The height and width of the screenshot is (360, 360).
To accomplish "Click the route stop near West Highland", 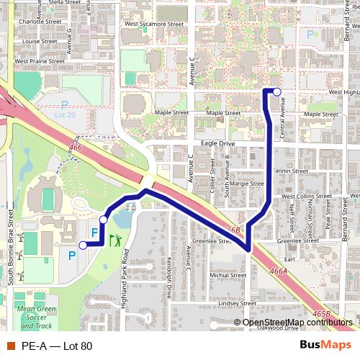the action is point(277,91).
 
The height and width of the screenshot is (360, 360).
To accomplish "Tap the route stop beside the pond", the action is point(104,219).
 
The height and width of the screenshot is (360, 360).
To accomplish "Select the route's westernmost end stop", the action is point(82,246).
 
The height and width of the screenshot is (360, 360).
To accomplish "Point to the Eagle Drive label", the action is point(218,144).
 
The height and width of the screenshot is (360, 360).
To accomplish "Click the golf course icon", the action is point(116,240).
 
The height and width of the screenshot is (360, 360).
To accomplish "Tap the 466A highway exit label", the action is point(276,271).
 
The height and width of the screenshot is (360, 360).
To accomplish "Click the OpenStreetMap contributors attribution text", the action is point(297,323).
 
